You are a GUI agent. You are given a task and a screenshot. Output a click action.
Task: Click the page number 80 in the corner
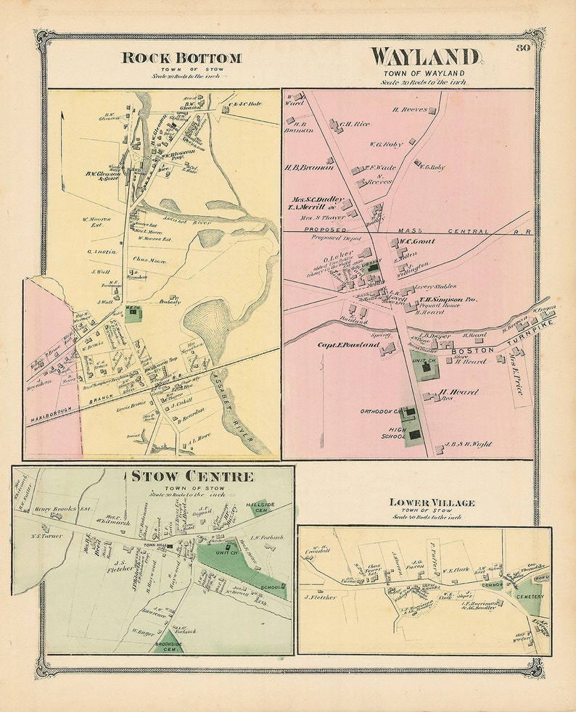coord(522,49)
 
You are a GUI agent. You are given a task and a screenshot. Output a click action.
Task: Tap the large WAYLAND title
coord(425,57)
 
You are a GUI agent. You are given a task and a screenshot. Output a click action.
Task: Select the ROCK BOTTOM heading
coord(181,58)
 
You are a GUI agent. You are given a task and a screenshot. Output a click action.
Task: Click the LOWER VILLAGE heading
coord(432,502)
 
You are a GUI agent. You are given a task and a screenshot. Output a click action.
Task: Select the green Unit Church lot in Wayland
coord(425,368)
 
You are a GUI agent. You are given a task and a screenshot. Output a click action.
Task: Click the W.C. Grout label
coord(412,241)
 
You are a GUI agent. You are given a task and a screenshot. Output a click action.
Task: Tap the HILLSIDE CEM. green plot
coord(260,505)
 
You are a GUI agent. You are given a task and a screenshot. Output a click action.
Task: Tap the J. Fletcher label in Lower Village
coord(321,597)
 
